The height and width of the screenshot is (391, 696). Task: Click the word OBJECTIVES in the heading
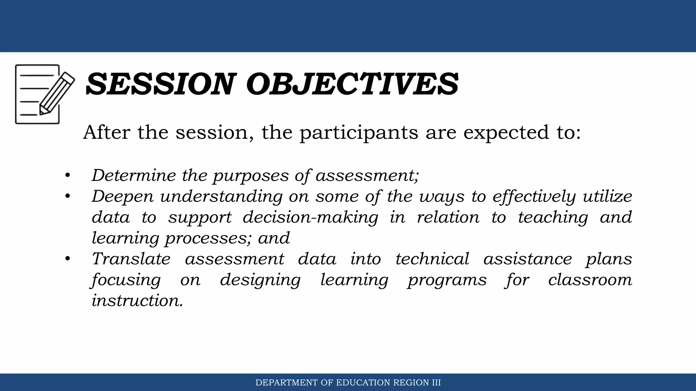click(352, 84)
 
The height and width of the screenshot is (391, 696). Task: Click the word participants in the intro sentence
click(359, 133)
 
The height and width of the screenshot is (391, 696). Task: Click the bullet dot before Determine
click(68, 175)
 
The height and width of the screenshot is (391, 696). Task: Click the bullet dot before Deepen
click(68, 196)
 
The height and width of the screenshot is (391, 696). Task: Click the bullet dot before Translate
click(68, 259)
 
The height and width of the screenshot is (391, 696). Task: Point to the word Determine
click(134, 175)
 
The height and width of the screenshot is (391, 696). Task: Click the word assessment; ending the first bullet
click(367, 175)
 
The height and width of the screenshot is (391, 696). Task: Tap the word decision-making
click(310, 218)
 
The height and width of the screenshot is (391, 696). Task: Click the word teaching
click(553, 218)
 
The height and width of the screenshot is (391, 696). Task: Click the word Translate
click(131, 259)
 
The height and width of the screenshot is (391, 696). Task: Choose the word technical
click(432, 259)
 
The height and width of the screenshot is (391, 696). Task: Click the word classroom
click(590, 280)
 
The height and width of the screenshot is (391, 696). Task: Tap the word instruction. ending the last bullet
click(137, 301)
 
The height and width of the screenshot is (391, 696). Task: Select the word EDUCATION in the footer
click(363, 383)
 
